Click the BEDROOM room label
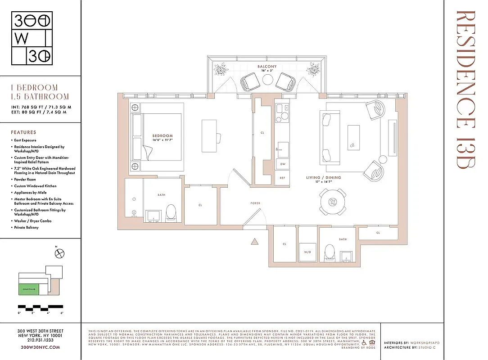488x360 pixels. click(x=163, y=135)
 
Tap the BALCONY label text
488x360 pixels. click(x=267, y=67)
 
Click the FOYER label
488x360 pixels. click(x=255, y=203)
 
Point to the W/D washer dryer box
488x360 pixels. click(x=308, y=252)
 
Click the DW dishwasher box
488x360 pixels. click(x=282, y=164)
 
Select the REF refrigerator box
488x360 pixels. click(x=282, y=178)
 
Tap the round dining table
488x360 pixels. click(x=333, y=202)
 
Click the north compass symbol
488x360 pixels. click(x=59, y=254)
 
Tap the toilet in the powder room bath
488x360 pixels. click(x=330, y=252)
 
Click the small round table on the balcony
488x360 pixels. click(x=268, y=80)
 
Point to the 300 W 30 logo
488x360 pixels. click(x=32, y=38)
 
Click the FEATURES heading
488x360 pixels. click(x=23, y=132)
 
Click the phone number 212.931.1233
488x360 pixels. click(x=41, y=341)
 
